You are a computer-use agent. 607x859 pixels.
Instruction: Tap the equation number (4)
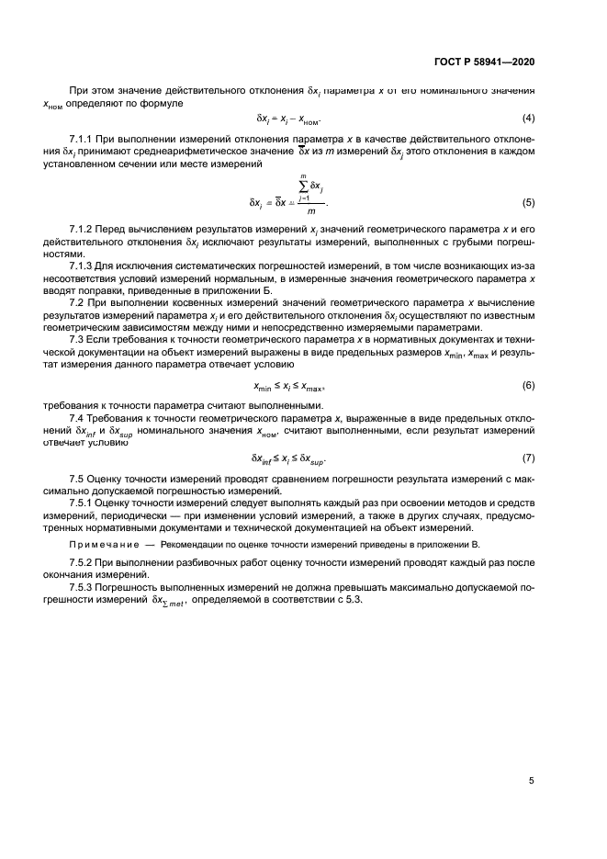pyautogui.click(x=528, y=119)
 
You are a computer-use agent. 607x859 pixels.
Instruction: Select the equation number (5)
pyautogui.click(x=528, y=201)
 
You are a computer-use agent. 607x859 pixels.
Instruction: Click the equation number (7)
pyautogui.click(x=528, y=458)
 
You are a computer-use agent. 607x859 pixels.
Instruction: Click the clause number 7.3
pyautogui.click(x=79, y=341)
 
